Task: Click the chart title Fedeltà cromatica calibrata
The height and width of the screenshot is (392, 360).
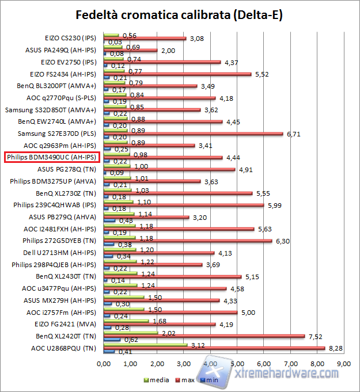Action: click(x=180, y=14)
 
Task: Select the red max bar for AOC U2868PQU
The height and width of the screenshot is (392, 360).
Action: click(x=214, y=348)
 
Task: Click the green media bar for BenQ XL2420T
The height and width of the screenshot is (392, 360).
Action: click(x=131, y=333)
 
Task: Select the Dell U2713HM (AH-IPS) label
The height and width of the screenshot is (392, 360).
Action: click(x=65, y=253)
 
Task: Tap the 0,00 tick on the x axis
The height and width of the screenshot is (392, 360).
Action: click(x=104, y=364)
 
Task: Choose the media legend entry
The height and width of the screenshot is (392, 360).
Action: click(x=152, y=380)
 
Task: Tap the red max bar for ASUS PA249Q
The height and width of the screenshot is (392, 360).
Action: click(x=130, y=51)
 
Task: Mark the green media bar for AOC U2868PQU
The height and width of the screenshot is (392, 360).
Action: click(x=145, y=345)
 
